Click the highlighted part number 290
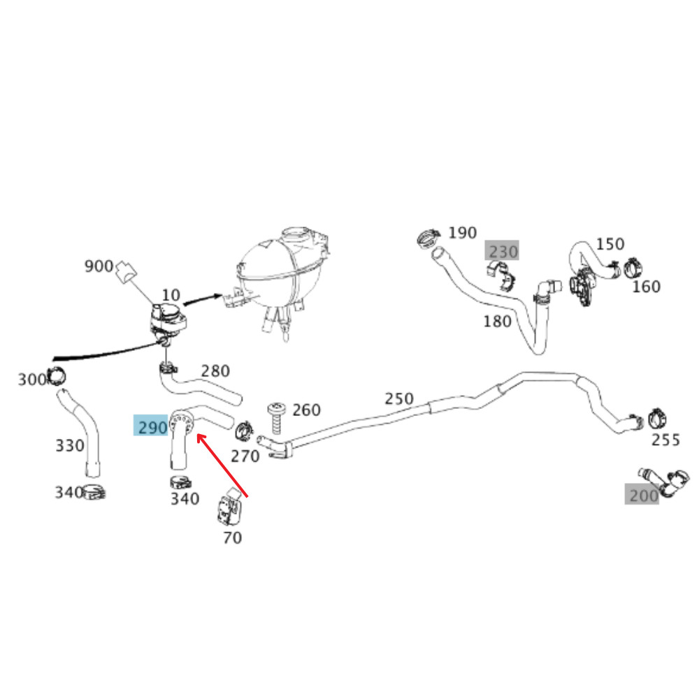click(x=152, y=428)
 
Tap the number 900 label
click(x=99, y=266)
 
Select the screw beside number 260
click(x=276, y=418)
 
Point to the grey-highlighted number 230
click(x=503, y=252)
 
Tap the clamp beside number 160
click(x=633, y=268)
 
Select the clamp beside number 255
click(x=657, y=419)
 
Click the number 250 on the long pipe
click(x=399, y=398)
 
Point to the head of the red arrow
click(x=198, y=434)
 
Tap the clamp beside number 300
click(x=57, y=377)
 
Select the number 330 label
click(x=69, y=445)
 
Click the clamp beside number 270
click(x=244, y=430)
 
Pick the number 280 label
click(x=215, y=371)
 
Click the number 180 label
click(x=497, y=322)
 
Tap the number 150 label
click(x=610, y=244)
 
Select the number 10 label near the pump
click(x=171, y=295)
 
